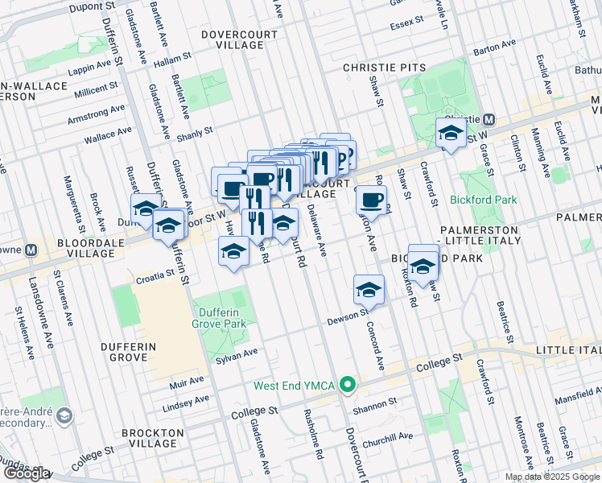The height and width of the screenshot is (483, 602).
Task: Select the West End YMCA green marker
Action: pos(347,385)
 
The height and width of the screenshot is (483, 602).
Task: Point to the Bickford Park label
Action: pos(484,199)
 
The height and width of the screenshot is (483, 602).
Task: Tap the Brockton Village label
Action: pos(150,438)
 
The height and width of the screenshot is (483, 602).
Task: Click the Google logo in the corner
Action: pos(26,473)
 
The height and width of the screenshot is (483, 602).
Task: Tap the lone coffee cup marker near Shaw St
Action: pos(370,200)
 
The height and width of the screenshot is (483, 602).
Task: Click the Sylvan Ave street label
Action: pos(237,353)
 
